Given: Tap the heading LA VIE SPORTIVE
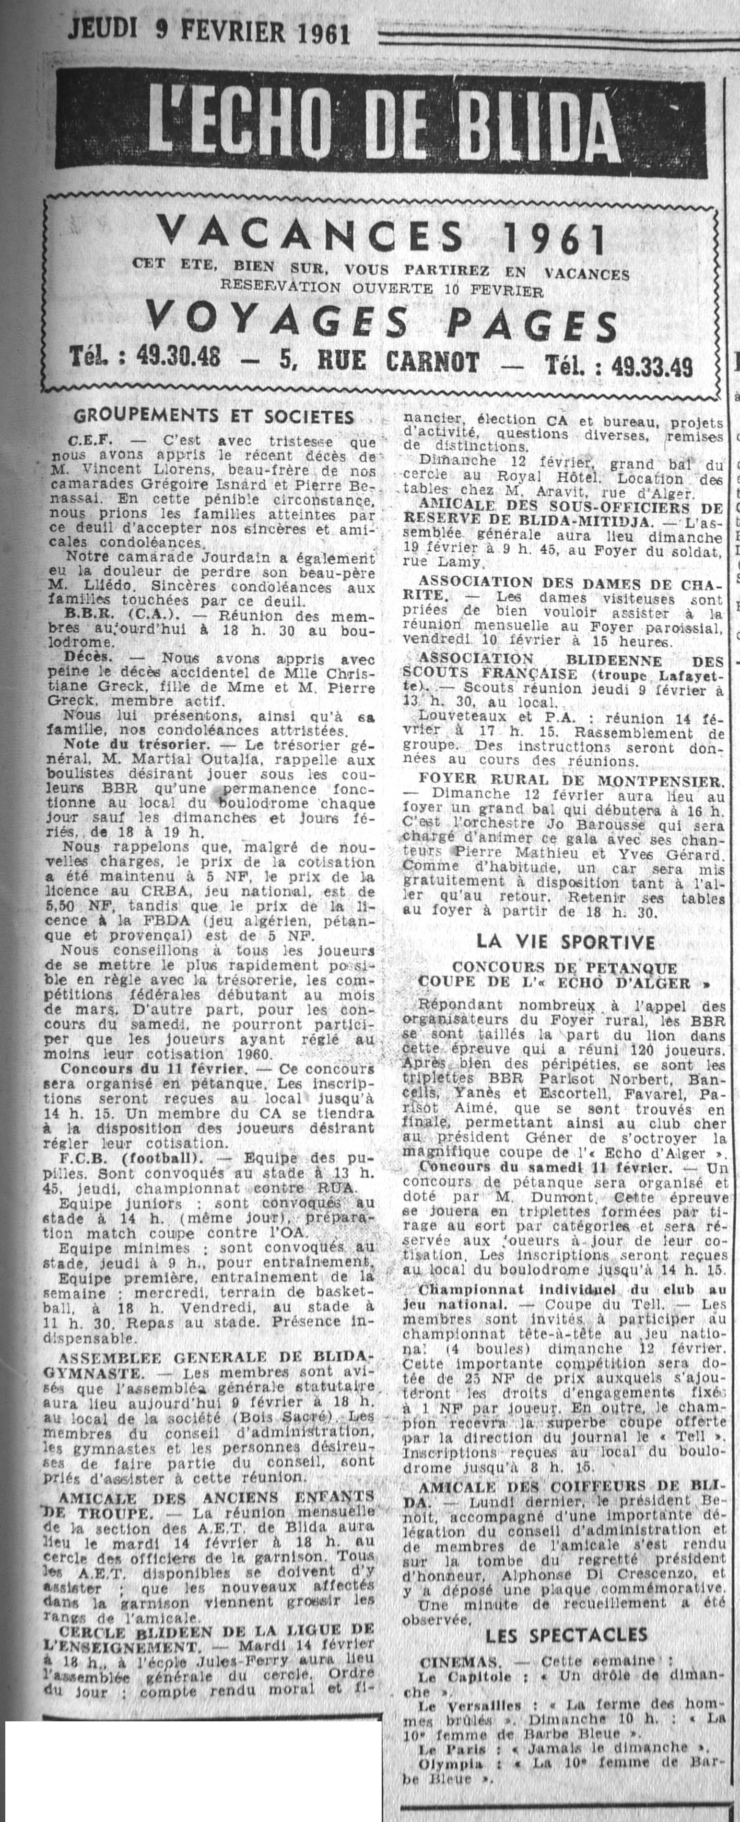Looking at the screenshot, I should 565,941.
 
